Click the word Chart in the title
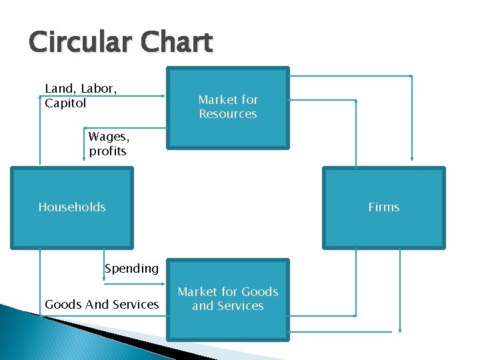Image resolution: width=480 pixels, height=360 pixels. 177,43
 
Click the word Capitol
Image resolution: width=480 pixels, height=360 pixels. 65,103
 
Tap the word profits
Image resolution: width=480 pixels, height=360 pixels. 107,151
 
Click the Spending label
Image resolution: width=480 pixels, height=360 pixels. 131,269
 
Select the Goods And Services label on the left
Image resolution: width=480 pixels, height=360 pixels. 101,305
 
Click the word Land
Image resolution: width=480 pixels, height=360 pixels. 58,89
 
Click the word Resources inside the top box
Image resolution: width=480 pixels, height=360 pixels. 227,114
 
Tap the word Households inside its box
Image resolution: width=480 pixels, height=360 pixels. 71,207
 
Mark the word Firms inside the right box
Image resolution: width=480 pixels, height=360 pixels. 383,207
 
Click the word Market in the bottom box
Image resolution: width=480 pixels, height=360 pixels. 197,291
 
